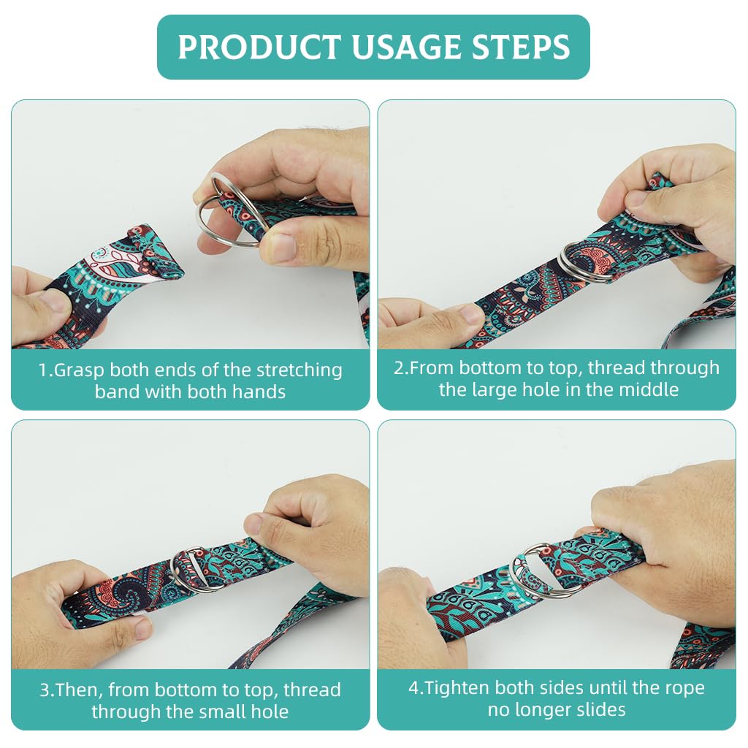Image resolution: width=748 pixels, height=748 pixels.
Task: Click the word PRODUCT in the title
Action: tap(259, 47)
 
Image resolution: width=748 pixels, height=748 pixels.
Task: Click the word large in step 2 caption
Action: tap(495, 390)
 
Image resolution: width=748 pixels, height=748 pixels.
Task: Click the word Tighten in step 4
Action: tap(456, 688)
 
